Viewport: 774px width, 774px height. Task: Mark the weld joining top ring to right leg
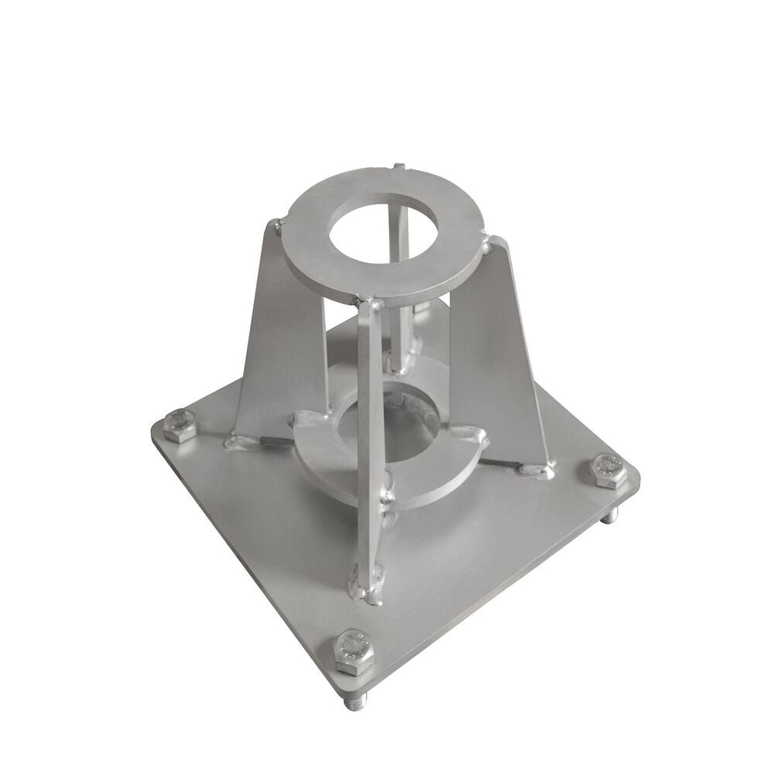coord(485,247)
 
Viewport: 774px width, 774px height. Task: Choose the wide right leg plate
coord(503,364)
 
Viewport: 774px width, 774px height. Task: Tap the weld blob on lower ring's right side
coord(471,438)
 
